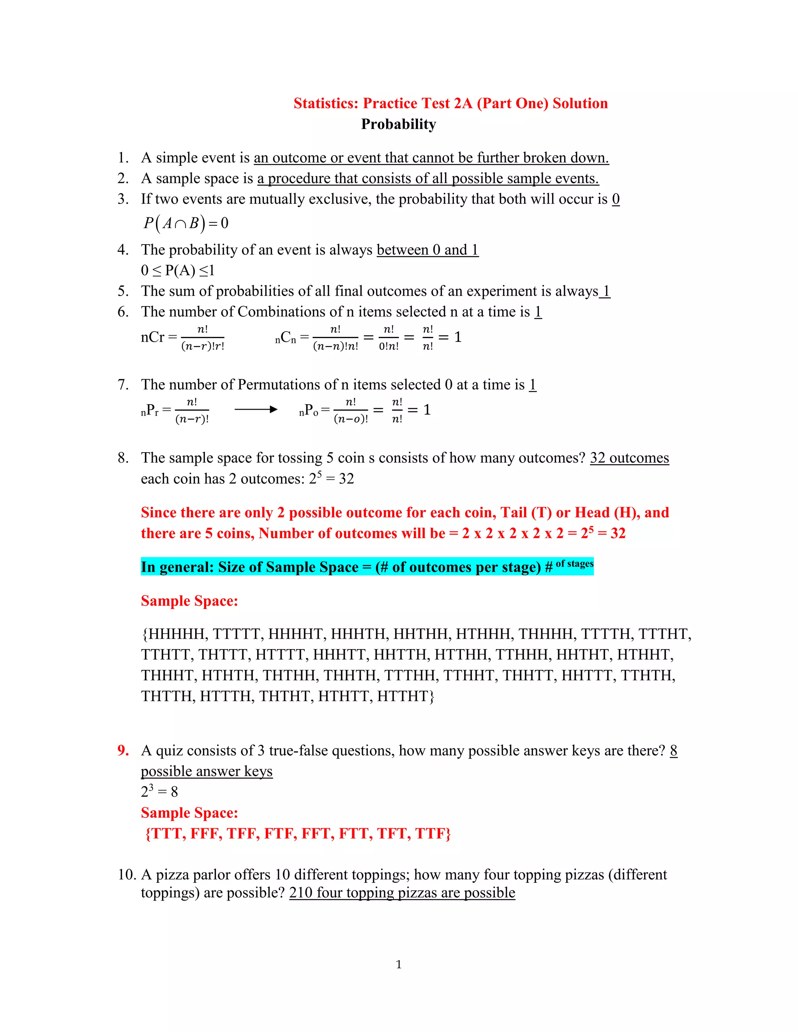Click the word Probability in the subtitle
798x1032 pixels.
point(399,124)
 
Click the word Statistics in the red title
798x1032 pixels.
point(326,104)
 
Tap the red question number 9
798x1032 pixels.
point(123,750)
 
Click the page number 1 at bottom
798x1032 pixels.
point(399,964)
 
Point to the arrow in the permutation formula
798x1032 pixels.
point(256,409)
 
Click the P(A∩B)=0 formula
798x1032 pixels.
point(186,223)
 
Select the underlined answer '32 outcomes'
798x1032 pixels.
point(629,458)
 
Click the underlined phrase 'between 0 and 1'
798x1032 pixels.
point(427,250)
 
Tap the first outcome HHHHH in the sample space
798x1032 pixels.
point(175,634)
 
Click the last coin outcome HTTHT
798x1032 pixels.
point(405,696)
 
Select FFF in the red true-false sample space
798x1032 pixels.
point(206,833)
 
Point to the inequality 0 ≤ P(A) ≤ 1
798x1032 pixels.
point(178,271)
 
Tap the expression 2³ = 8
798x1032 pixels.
point(159,791)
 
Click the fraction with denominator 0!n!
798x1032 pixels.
point(388,337)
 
